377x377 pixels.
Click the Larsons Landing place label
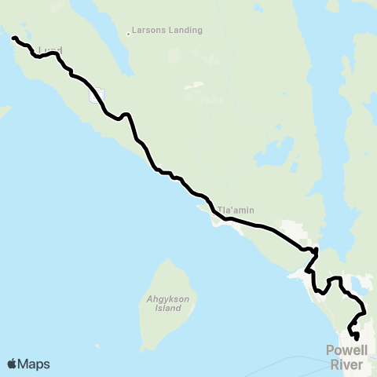click(168, 31)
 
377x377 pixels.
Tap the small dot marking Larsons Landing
click(129, 34)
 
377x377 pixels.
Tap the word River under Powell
click(349, 364)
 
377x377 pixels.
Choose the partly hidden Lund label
click(49, 50)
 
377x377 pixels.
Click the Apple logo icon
click(13, 364)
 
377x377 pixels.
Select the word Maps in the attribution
click(34, 364)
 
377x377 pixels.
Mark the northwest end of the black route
click(13, 37)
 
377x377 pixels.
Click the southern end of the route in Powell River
click(357, 339)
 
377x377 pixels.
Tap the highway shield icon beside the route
click(97, 96)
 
